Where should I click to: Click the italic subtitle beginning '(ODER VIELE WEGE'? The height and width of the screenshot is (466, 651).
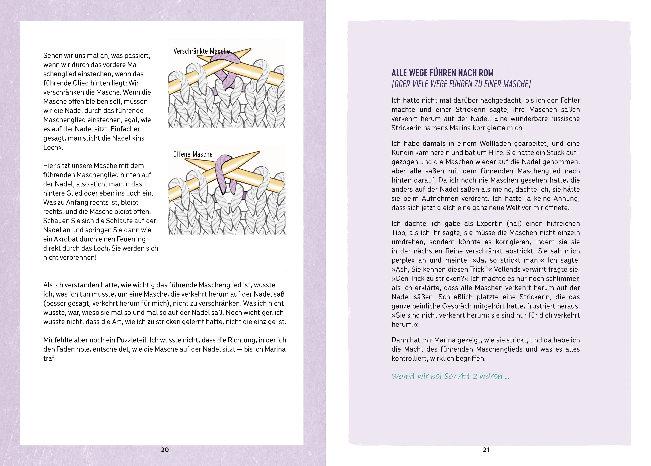[x=461, y=84]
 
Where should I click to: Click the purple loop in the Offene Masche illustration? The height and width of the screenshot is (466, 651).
[x=223, y=172]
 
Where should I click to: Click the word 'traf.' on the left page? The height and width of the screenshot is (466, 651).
[x=49, y=358]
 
